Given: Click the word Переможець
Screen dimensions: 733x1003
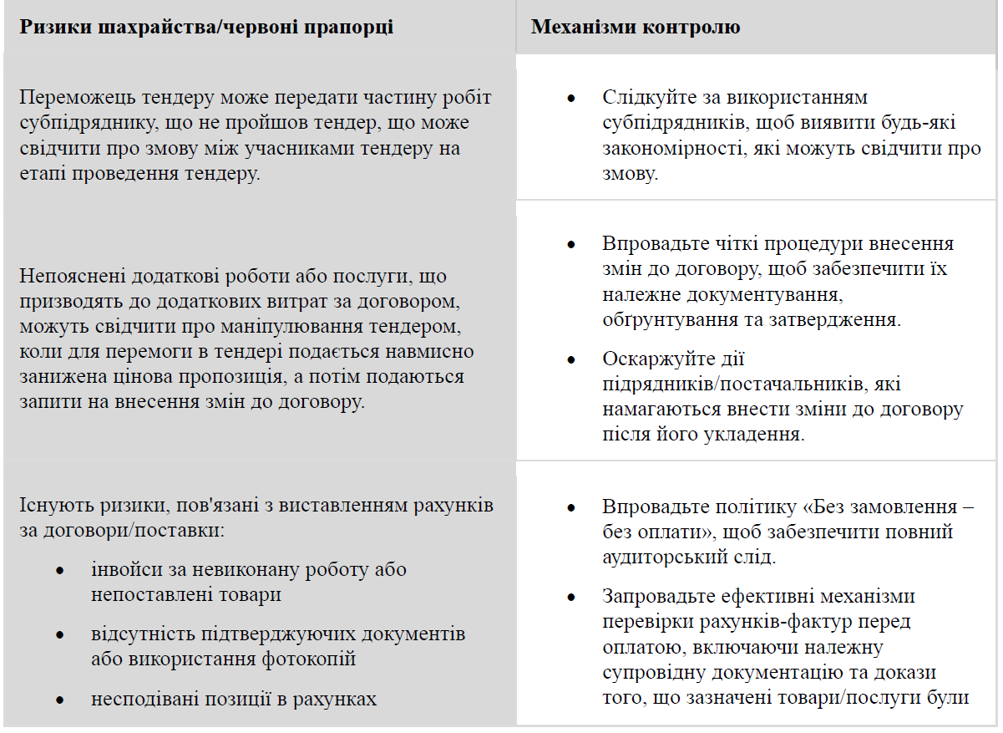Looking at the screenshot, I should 69,98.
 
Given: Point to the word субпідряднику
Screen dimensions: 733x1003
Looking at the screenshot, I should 82,124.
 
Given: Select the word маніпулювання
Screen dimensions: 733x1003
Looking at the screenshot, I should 301,325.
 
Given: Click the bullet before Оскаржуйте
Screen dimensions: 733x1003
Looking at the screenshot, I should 571,360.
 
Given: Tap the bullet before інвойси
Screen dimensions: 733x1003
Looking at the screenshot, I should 60,571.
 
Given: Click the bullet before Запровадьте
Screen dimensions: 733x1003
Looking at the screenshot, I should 571,598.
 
